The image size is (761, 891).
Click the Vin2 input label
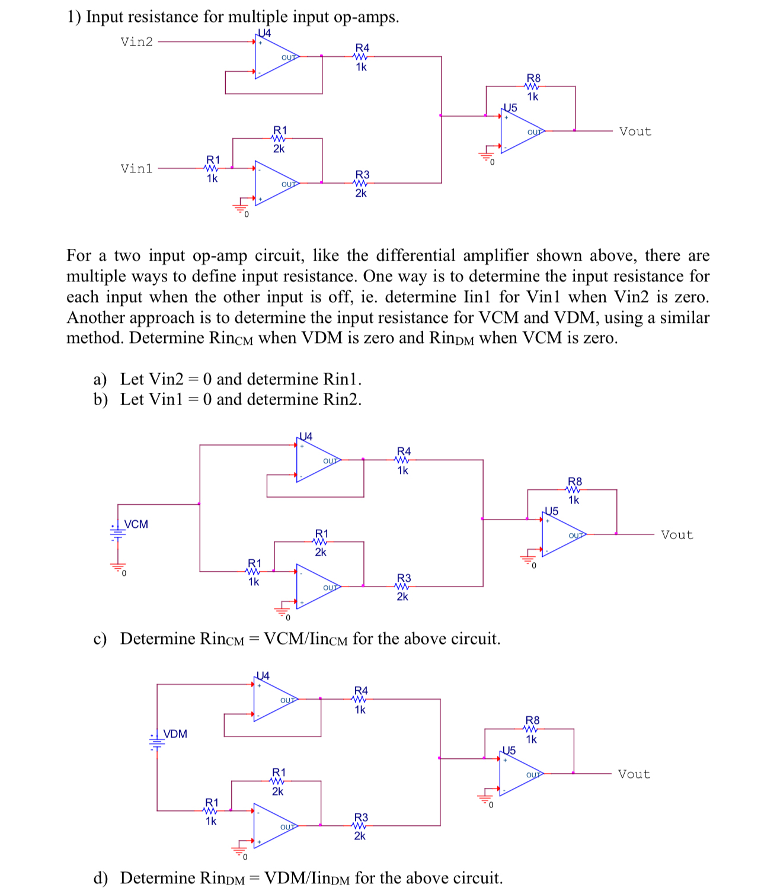coord(136,41)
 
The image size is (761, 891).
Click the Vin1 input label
coord(136,169)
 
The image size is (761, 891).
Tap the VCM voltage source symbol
coord(118,531)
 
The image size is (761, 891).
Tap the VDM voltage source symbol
coord(157,741)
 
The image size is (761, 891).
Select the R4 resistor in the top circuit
coord(361,57)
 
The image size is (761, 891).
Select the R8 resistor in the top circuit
coord(533,86)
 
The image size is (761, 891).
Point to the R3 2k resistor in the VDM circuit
coord(360,826)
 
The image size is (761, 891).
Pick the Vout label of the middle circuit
coord(677,535)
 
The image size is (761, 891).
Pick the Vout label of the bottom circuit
coord(634,774)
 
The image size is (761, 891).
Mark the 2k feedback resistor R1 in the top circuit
coord(279,139)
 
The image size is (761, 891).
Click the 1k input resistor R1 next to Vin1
coord(212,168)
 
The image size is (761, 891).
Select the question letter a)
coord(100,379)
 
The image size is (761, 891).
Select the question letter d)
coord(100,878)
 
